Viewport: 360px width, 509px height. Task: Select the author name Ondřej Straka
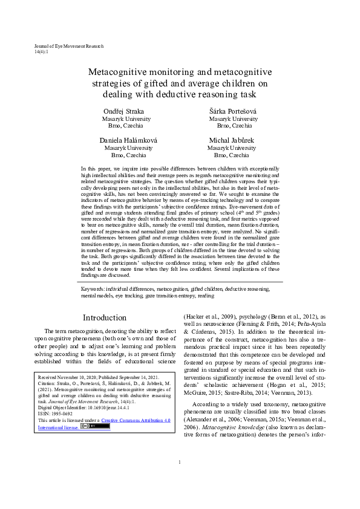point(123,111)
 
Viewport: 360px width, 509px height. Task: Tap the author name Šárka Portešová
point(234,111)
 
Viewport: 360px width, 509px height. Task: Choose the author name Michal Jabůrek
point(232,140)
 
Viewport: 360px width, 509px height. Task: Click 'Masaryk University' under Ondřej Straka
point(123,119)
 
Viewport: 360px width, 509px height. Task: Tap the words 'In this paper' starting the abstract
point(96,167)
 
